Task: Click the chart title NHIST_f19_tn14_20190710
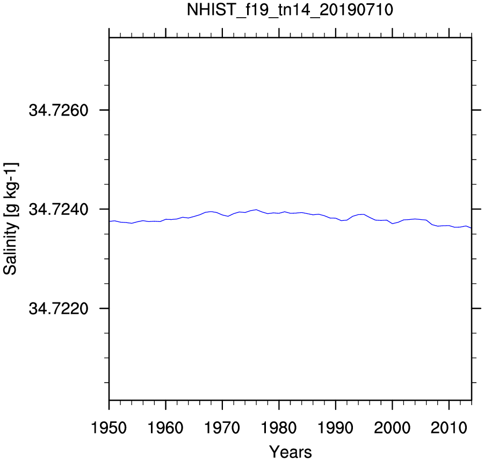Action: (290, 10)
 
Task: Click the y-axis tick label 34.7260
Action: (59, 110)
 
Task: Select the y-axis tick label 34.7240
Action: (59, 210)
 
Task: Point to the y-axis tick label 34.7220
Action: (59, 308)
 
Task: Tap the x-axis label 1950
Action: (109, 428)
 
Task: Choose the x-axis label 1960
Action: (166, 428)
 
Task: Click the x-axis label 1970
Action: (222, 428)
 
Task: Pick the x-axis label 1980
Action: (279, 428)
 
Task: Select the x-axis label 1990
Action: (336, 428)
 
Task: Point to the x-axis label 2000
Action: (392, 428)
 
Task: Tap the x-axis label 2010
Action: (449, 428)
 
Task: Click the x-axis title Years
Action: (291, 452)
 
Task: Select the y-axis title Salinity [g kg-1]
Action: (10, 218)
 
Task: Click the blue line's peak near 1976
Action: (256, 210)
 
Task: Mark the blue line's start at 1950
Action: (109, 221)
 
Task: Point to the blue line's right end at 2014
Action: (471, 228)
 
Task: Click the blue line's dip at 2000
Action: (392, 224)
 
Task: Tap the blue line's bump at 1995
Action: (364, 214)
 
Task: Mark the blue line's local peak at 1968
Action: (211, 212)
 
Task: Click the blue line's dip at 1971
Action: (228, 216)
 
